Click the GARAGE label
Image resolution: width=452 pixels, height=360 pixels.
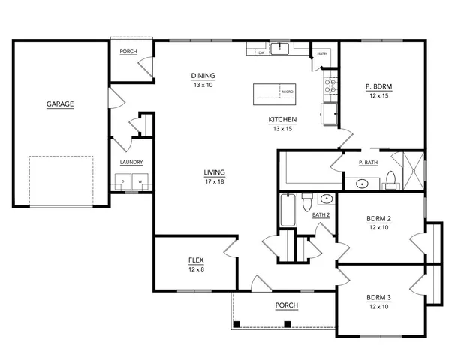coord(60,104)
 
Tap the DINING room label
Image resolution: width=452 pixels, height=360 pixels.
coord(203,76)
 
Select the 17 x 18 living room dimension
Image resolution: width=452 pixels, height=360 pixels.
coord(215,181)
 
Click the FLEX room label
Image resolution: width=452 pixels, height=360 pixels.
coord(196,261)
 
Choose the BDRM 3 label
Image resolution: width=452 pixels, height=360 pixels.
coord(378,298)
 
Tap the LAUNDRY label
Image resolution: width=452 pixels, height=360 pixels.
coord(131,163)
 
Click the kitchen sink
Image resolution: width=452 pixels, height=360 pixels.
coord(280,49)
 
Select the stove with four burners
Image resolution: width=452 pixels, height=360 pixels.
coord(328,84)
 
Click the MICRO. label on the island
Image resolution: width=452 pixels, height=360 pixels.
coord(288,91)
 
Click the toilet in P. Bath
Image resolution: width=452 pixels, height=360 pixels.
coord(390,178)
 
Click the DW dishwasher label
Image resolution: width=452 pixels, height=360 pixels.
coord(261,53)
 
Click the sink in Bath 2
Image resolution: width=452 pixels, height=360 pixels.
coord(326,199)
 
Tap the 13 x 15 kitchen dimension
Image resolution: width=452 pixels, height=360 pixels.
coord(283,129)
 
